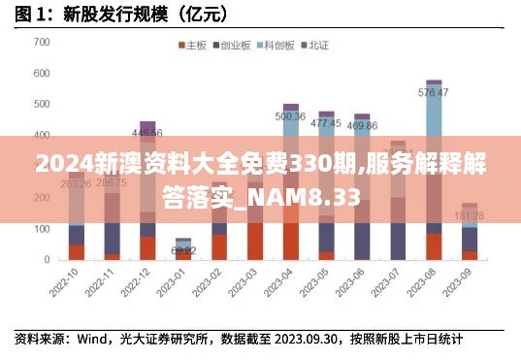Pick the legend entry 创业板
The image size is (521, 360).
(234, 46)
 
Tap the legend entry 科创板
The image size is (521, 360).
(277, 46)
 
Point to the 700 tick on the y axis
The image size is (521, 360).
(41, 43)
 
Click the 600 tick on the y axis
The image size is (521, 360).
(41, 74)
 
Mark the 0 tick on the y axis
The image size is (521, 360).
(47, 260)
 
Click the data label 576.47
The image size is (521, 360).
(433, 93)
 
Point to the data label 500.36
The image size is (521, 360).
(290, 116)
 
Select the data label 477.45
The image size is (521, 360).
(326, 123)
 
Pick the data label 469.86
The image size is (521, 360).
(362, 125)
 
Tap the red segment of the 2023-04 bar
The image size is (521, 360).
(290, 241)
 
